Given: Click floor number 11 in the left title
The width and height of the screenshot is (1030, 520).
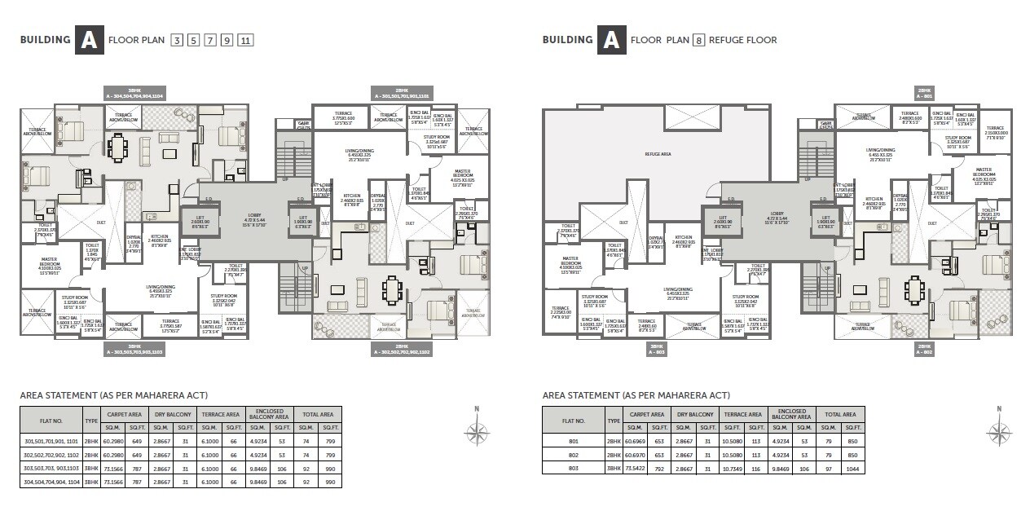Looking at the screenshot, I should (245, 40).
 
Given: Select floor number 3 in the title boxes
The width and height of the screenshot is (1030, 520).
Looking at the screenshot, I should (177, 40).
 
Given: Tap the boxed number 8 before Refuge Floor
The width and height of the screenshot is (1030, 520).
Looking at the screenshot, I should (698, 40).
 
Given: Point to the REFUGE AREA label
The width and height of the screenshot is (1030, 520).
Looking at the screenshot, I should (658, 153).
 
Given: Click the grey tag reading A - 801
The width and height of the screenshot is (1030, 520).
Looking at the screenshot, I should (924, 93).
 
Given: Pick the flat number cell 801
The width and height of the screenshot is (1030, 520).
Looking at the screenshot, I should (574, 442).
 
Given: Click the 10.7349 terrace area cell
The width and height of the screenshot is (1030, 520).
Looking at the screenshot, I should (732, 469).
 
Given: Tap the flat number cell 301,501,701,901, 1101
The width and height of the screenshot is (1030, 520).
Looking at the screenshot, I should (51, 441).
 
